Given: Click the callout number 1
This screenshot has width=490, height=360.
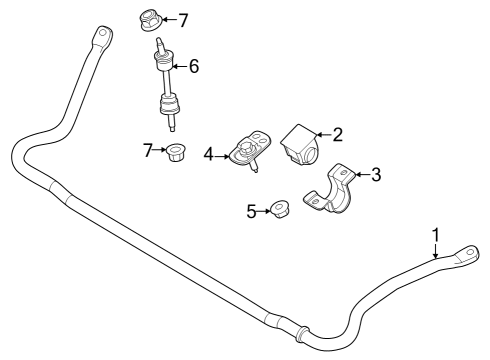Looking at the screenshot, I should click(436, 235).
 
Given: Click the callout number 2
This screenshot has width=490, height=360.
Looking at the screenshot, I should click(338, 133).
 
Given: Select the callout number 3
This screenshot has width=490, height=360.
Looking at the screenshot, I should click(376, 175).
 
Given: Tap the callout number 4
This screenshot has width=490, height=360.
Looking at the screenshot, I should click(209, 154).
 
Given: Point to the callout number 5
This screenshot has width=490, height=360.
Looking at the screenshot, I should click(252, 210).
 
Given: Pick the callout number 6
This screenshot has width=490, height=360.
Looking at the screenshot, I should click(194, 66).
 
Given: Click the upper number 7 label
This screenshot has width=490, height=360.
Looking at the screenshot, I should click(182, 19).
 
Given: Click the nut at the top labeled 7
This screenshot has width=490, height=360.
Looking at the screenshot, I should click(144, 18).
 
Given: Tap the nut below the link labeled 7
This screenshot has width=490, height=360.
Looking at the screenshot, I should click(177, 154).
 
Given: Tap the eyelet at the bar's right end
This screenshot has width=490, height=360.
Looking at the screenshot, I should click(466, 255).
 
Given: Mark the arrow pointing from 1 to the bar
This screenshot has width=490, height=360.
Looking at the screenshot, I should click(436, 253).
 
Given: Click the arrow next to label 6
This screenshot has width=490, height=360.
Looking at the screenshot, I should click(179, 67).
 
